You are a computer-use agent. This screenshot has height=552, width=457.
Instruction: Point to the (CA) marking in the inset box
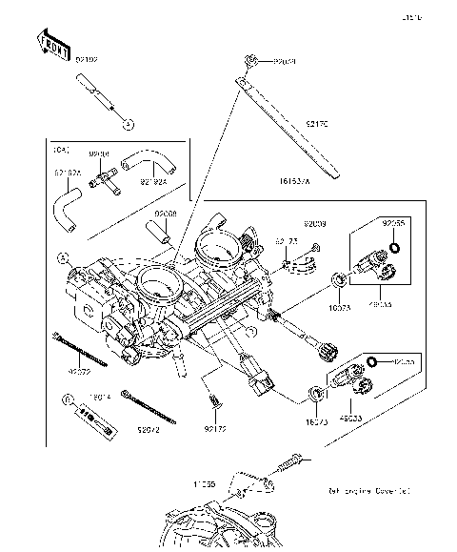(62, 150)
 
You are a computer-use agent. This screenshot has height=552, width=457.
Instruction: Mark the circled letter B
(68, 399)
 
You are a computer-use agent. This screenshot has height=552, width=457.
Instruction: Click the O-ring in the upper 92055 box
(395, 251)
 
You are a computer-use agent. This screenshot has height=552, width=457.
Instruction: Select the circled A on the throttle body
(64, 257)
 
